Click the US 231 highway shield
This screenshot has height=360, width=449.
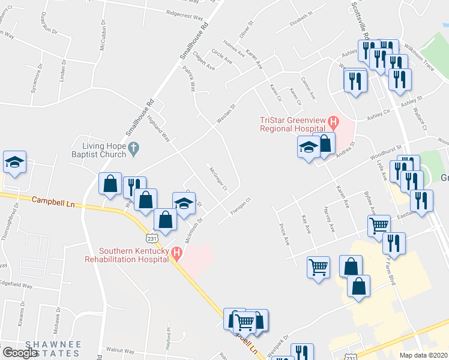click(152, 238)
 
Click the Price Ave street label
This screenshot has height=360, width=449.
click(285, 234)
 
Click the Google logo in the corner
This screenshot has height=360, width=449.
click(19, 352)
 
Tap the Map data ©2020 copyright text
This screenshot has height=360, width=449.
click(424, 355)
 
